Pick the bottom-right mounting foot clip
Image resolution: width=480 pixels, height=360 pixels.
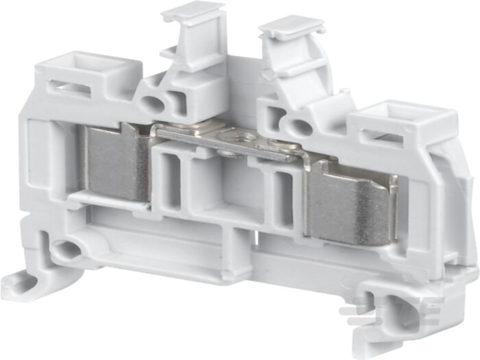391,319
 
